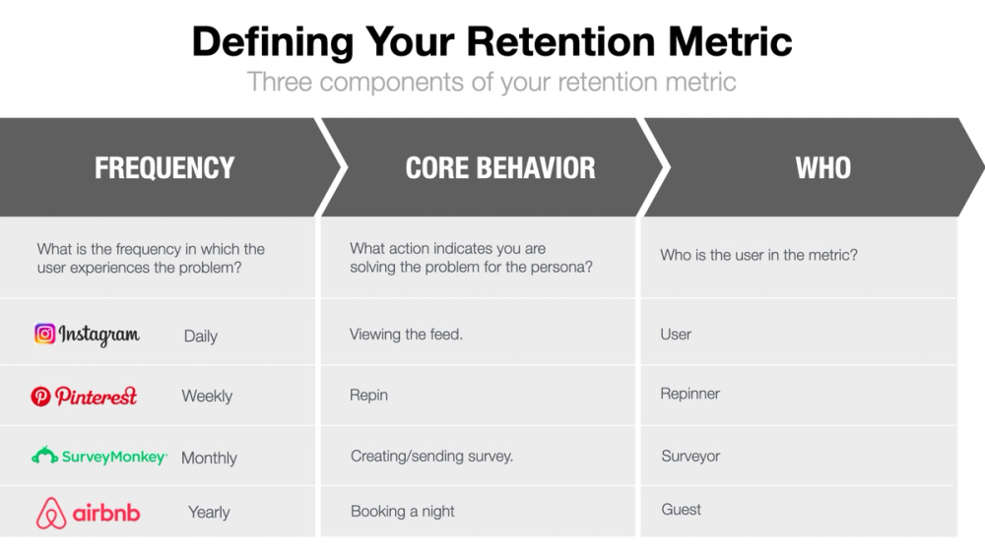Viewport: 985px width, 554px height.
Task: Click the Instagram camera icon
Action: (45, 334)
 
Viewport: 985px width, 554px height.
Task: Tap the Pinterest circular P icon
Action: (40, 397)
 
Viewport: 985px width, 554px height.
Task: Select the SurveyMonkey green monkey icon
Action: (45, 457)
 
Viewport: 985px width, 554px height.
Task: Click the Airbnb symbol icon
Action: (51, 514)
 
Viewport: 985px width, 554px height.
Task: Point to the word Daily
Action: (200, 337)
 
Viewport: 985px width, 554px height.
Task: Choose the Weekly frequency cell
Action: (207, 397)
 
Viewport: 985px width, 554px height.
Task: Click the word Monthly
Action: (209, 458)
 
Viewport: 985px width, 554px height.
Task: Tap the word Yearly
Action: (209, 513)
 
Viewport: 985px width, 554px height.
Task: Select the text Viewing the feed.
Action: (406, 335)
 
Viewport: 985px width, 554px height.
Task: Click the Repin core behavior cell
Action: (368, 396)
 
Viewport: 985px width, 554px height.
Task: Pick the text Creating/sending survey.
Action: (431, 457)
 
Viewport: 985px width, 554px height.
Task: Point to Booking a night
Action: (402, 512)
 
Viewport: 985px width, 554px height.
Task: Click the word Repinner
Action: (689, 394)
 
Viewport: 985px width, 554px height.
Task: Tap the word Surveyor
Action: (689, 457)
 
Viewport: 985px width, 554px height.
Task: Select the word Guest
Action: (681, 510)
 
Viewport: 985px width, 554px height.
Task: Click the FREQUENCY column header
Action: (164, 168)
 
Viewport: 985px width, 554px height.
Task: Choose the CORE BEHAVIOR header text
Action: (500, 168)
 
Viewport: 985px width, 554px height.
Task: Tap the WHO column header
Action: (822, 168)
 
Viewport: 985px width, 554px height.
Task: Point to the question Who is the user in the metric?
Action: (758, 255)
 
